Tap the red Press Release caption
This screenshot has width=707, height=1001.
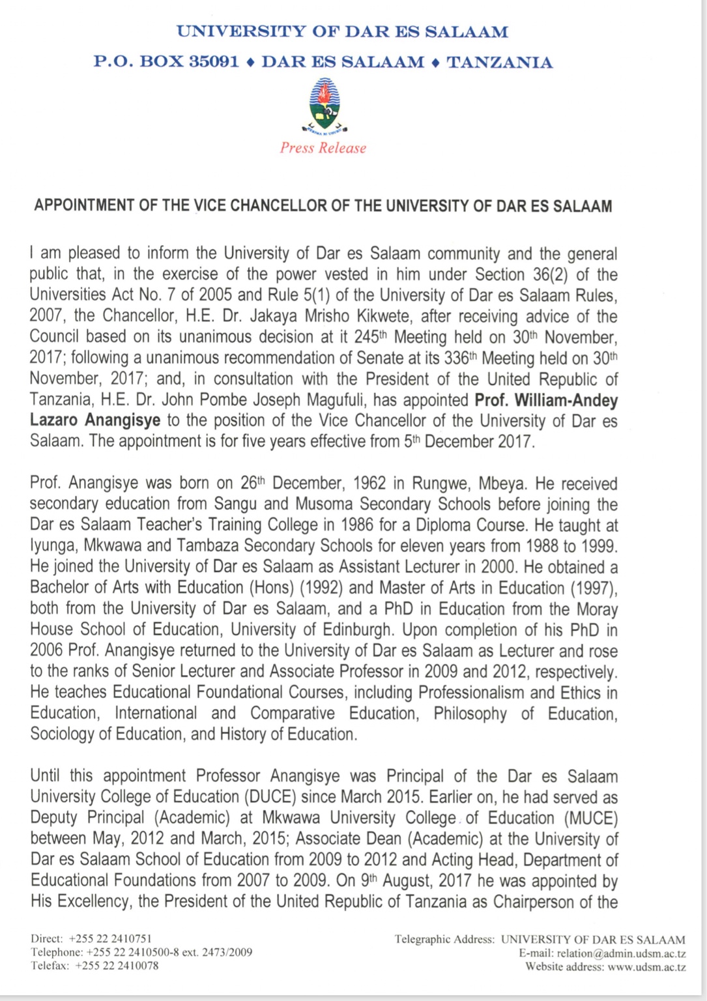click(x=323, y=148)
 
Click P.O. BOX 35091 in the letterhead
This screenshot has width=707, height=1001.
click(x=166, y=63)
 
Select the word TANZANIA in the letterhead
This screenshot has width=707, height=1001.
click(x=499, y=63)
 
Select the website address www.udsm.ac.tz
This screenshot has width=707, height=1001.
click(x=646, y=967)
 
